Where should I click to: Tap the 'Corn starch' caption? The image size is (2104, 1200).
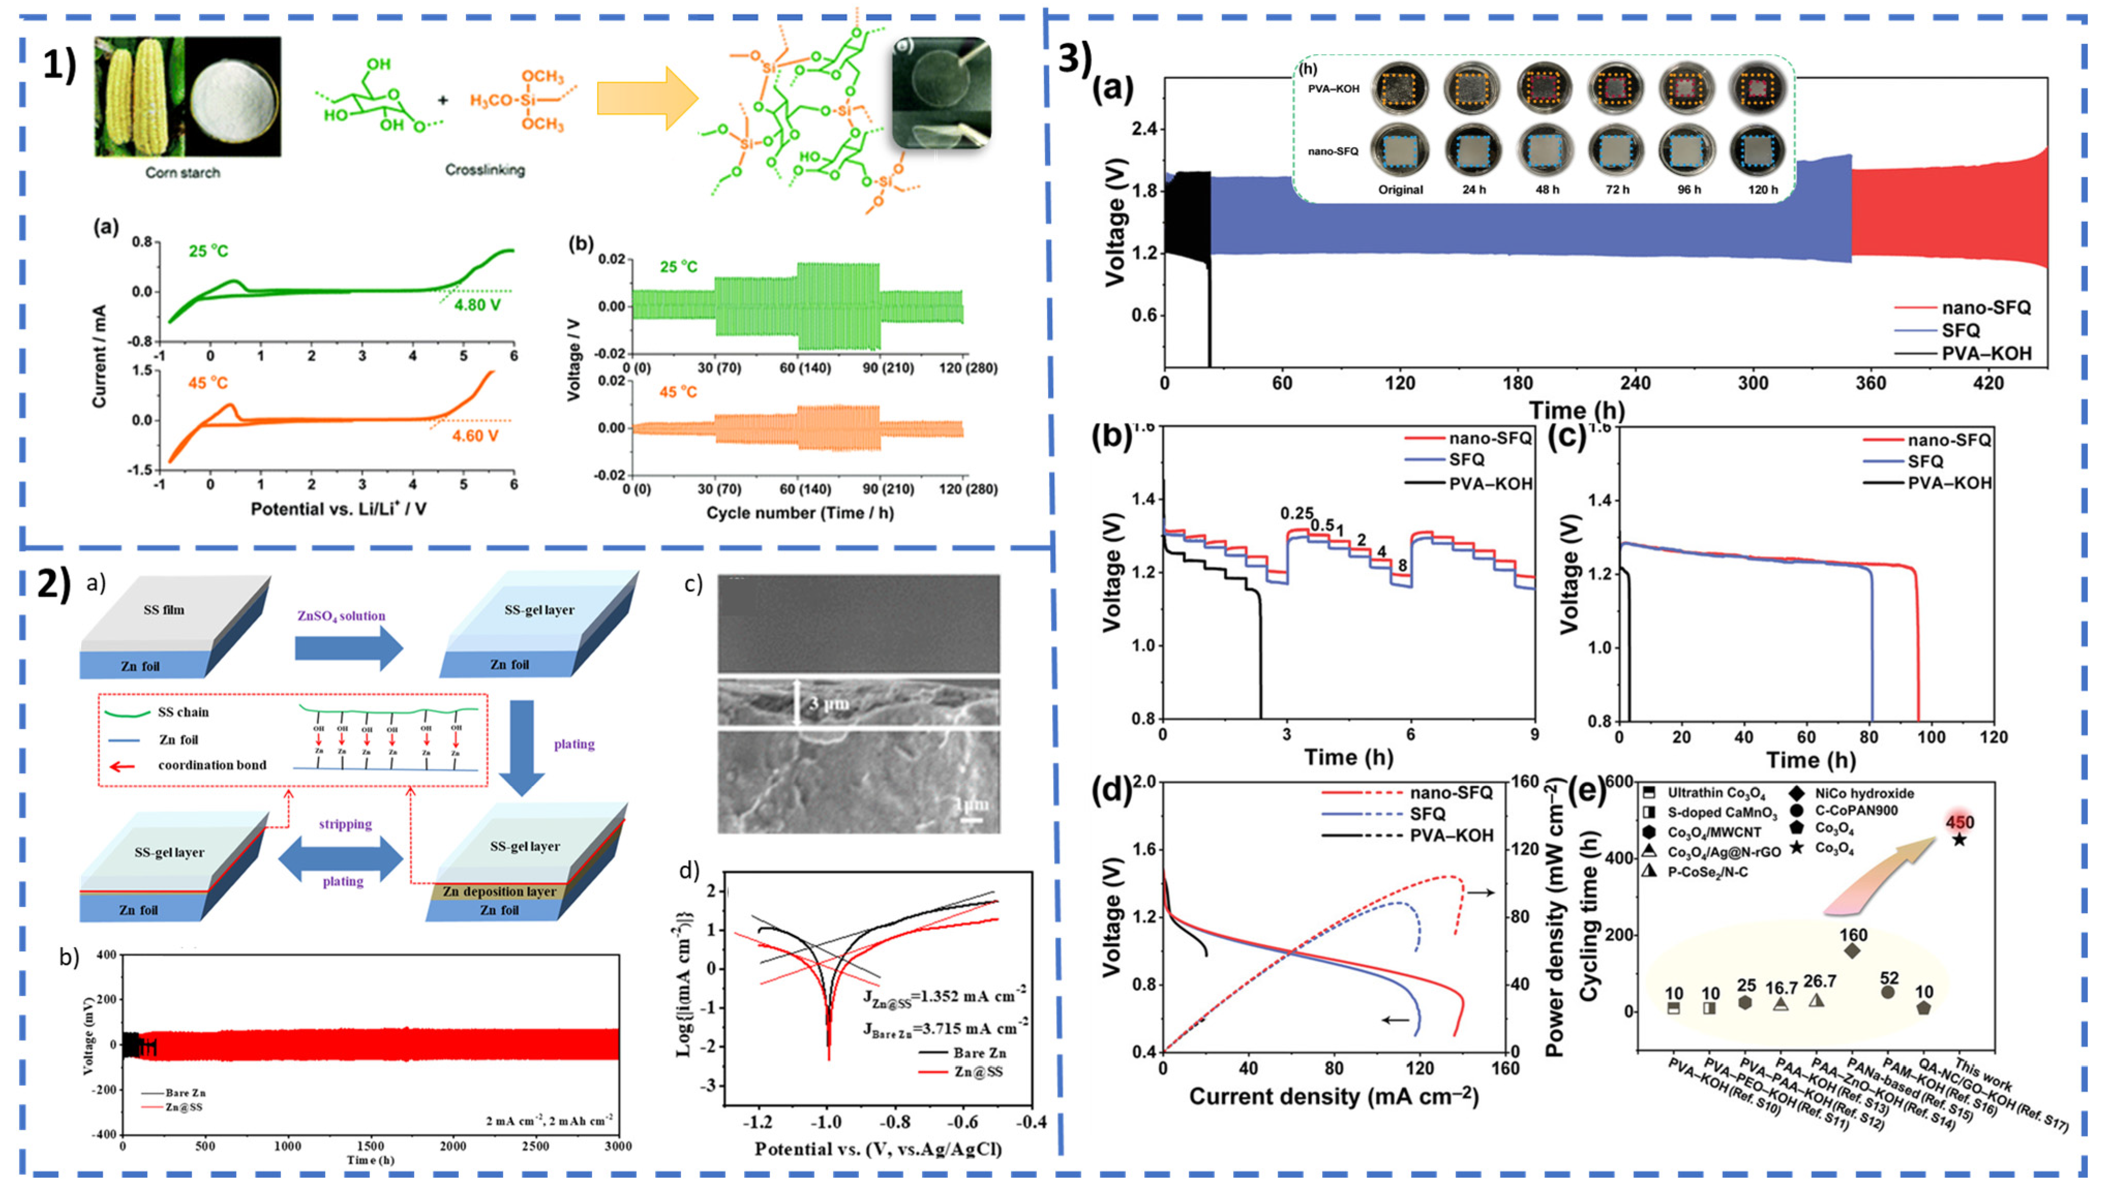[183, 172]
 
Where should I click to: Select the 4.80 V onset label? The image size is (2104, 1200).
[477, 305]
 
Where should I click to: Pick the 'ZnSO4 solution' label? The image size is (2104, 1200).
[341, 616]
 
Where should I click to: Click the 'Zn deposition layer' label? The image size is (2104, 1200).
[499, 891]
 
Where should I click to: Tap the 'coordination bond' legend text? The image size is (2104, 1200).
[212, 765]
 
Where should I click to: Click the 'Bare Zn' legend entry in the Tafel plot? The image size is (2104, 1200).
[979, 1053]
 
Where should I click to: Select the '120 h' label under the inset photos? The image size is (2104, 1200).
[1763, 190]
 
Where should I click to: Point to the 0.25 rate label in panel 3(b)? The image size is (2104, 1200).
[1296, 514]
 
